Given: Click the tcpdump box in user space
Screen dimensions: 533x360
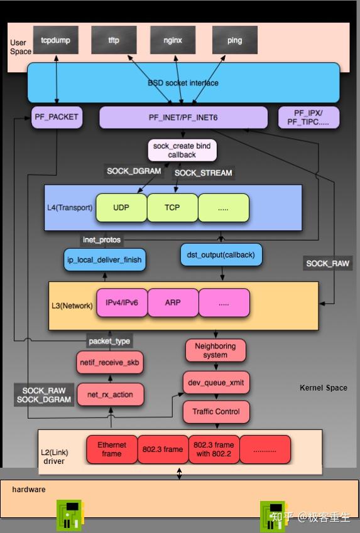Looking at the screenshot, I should (56, 40).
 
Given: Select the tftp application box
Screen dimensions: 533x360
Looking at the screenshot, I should (114, 40).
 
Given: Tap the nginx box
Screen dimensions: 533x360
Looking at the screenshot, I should (173, 40).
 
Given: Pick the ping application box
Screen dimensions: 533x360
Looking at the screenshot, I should (234, 40).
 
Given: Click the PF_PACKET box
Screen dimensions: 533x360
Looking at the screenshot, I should (57, 117).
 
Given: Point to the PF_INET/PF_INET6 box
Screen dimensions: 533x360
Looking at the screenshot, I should (183, 117).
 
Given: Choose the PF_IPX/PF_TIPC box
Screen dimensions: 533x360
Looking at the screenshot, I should (308, 117).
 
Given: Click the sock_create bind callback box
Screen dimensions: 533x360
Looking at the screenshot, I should (182, 150).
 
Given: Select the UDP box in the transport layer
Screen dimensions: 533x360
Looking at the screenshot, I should (121, 207).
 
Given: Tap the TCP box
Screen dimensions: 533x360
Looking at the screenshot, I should (172, 207).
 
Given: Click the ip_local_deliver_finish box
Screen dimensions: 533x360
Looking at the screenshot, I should (106, 259).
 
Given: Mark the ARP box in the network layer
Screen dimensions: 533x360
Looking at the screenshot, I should (173, 303).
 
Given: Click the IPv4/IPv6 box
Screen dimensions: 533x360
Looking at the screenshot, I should (121, 303).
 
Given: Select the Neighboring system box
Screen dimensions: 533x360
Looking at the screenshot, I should (215, 350).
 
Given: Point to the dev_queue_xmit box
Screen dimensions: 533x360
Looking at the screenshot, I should (215, 382).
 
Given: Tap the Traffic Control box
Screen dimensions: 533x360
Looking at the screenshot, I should (215, 412).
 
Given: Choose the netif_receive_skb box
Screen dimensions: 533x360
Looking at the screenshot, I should (109, 363).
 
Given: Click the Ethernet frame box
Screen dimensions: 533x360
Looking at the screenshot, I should (111, 450).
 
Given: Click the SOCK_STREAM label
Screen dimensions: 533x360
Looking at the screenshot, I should (203, 173).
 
